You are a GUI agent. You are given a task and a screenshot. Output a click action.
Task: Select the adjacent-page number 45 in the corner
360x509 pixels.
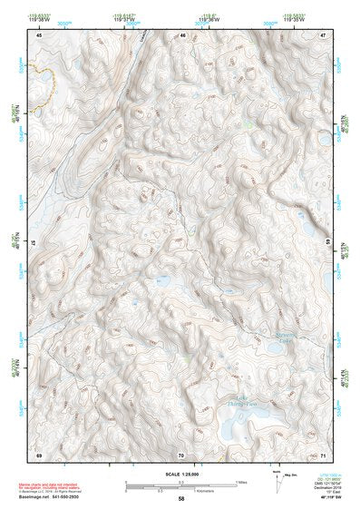click(39, 34)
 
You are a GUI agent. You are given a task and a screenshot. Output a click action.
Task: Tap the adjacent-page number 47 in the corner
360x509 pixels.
click(322, 34)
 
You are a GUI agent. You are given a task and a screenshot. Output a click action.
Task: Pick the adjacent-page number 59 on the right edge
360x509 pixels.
click(326, 243)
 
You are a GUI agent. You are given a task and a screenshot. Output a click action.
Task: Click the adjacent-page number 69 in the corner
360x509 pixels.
click(39, 454)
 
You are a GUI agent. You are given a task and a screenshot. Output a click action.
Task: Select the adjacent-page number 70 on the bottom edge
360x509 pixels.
click(181, 454)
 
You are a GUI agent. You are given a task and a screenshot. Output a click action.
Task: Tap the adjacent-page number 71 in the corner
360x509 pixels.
click(322, 454)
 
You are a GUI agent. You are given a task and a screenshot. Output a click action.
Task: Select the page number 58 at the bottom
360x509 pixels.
click(181, 499)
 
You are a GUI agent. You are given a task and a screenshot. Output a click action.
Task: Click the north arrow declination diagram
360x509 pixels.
click(278, 477)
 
